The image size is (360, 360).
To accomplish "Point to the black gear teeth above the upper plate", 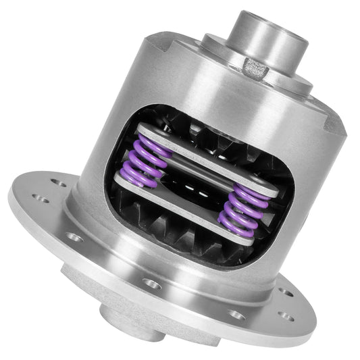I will (x=196, y=132).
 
